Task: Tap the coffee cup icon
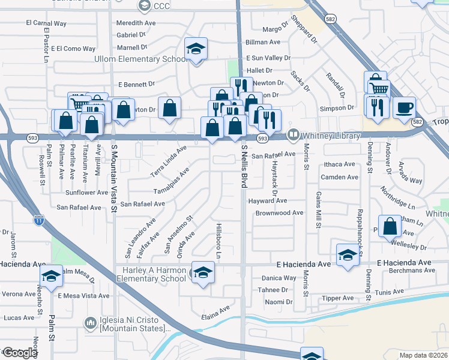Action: pyautogui.click(x=404, y=108)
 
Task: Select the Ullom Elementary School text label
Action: pyautogui.click(x=142, y=59)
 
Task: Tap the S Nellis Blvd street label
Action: pyautogui.click(x=244, y=166)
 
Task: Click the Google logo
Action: pyautogui.click(x=19, y=353)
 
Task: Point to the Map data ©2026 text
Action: pyautogui.click(x=423, y=355)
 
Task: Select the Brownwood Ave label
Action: pyautogui.click(x=279, y=213)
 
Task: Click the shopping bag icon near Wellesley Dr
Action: pyautogui.click(x=390, y=227)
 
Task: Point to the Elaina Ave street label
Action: pyautogui.click(x=215, y=310)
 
